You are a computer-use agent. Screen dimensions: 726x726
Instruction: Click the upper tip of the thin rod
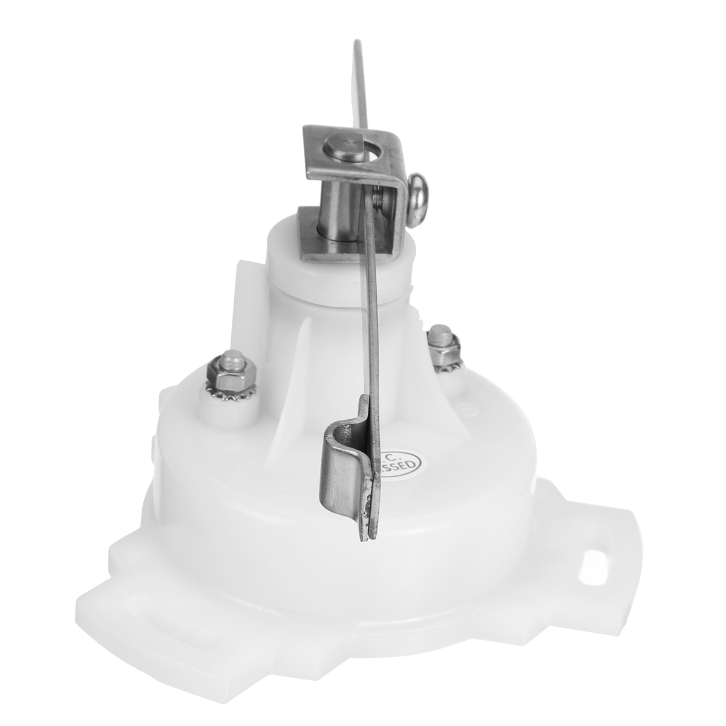(x=356, y=45)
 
